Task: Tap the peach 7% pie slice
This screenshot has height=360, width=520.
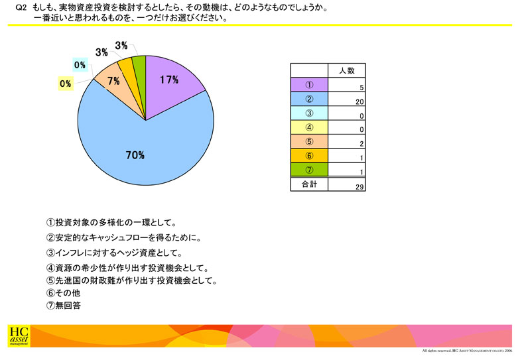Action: click(x=116, y=85)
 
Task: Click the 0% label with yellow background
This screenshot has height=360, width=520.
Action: click(x=66, y=84)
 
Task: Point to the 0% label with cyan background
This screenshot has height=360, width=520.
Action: click(x=80, y=65)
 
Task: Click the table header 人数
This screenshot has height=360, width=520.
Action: click(x=347, y=70)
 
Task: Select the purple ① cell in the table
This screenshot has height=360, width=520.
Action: click(x=309, y=85)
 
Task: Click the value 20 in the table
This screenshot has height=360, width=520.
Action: click(x=359, y=102)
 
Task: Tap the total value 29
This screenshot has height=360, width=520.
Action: click(x=359, y=187)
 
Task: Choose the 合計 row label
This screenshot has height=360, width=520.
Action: click(x=309, y=184)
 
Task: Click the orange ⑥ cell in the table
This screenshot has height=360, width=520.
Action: click(x=309, y=156)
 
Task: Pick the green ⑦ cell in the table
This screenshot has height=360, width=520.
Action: click(x=309, y=170)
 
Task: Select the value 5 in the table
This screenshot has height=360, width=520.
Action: click(x=362, y=88)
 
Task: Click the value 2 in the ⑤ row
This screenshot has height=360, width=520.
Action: click(x=362, y=144)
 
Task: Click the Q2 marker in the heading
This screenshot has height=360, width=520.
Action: click(x=21, y=8)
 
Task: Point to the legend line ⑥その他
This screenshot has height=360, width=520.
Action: click(x=64, y=293)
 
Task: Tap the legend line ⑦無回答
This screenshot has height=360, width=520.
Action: click(x=64, y=305)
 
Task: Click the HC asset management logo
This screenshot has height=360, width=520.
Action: click(x=19, y=336)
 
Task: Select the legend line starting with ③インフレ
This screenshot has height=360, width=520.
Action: click(x=114, y=253)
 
